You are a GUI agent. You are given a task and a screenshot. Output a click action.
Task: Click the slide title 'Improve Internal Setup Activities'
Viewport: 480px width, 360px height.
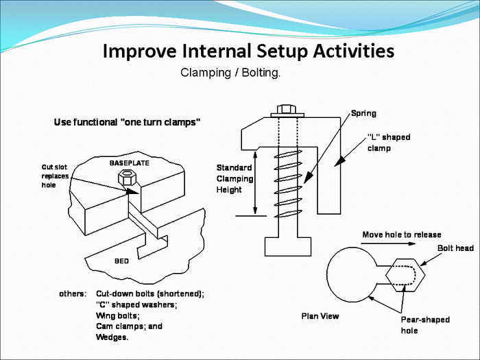pos(248,51)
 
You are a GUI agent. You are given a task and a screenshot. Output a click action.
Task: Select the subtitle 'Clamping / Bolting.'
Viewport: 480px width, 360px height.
pos(230,72)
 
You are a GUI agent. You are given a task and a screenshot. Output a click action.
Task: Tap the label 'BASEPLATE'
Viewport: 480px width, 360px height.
pos(130,163)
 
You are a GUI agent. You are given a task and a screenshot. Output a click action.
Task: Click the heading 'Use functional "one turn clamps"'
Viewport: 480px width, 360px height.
pos(127,123)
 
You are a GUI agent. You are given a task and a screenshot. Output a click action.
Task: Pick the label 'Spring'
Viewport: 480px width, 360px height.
pos(363,113)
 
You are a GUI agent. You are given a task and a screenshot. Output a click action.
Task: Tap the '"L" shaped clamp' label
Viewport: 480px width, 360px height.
pos(388,142)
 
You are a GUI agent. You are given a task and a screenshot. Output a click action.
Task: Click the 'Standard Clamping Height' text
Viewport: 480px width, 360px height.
pos(235,178)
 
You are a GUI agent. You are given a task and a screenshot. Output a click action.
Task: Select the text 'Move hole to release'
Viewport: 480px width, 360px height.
pos(401,235)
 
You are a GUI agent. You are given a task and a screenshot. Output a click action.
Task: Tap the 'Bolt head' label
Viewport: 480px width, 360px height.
pos(455,248)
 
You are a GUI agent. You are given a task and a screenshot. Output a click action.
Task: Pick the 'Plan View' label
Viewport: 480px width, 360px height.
pos(320,316)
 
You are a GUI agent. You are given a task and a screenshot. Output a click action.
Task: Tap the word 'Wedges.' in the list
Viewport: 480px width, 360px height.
pos(112,337)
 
